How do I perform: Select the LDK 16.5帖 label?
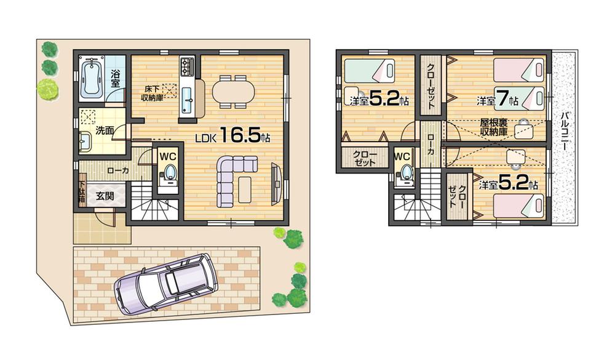pyautogui.click(x=232, y=137)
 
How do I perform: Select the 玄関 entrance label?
pyautogui.click(x=105, y=197)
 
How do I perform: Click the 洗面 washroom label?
pyautogui.click(x=105, y=130)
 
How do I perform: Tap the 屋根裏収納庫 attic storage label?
pyautogui.click(x=494, y=127)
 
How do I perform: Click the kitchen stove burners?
pyautogui.click(x=187, y=65)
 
